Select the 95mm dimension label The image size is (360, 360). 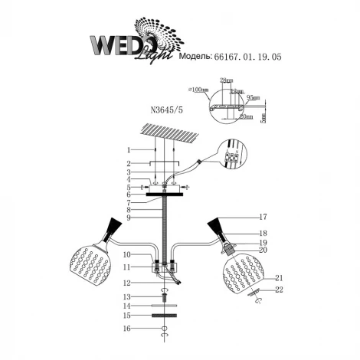(x=254, y=97)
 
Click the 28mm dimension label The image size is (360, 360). (x=225, y=80)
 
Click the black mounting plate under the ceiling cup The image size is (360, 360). (x=164, y=195)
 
